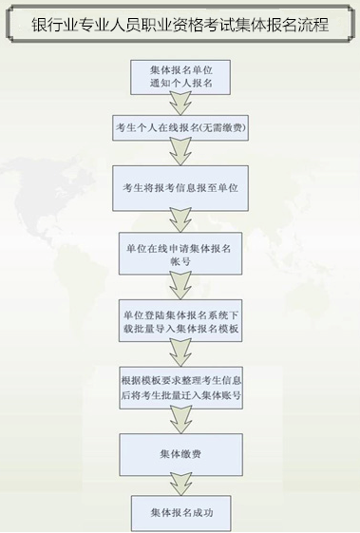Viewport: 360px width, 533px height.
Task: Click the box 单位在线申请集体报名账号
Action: [180, 255]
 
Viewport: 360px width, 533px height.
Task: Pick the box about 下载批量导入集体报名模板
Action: [180, 322]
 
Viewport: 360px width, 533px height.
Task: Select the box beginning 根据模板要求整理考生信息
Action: [180, 388]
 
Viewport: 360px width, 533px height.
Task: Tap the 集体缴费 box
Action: [180, 455]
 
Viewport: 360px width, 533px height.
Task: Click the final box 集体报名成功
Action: [180, 513]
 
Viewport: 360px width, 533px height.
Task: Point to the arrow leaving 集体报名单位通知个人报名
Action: [180, 104]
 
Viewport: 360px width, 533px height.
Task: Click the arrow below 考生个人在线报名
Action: [180, 152]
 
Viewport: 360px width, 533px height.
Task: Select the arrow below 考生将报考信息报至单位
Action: [180, 220]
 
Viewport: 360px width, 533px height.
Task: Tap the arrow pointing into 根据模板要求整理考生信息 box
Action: [180, 353]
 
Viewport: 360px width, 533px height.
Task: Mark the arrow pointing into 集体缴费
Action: [180, 420]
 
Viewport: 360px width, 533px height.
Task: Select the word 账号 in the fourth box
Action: [180, 262]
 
